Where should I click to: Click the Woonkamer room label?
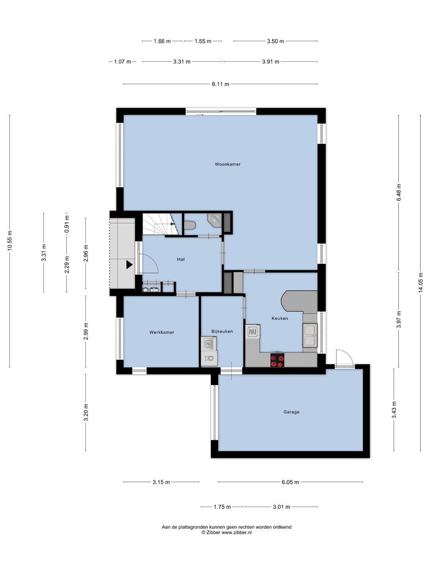[227, 164]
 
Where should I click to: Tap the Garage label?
[291, 412]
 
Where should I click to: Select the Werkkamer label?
[162, 332]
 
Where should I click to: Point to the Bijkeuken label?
[222, 331]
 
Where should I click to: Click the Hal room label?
[181, 259]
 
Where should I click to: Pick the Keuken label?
[279, 318]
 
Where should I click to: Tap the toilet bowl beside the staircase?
[190, 225]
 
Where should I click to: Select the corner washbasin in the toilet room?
[215, 220]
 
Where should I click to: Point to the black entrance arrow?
[129, 265]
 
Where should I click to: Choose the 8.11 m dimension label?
[220, 84]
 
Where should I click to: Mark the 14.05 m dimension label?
[420, 283]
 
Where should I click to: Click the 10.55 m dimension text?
[10, 240]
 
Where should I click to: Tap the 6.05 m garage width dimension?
[290, 482]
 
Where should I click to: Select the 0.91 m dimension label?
[67, 224]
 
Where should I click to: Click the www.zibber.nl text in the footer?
[236, 532]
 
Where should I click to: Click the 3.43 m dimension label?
[394, 409]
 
